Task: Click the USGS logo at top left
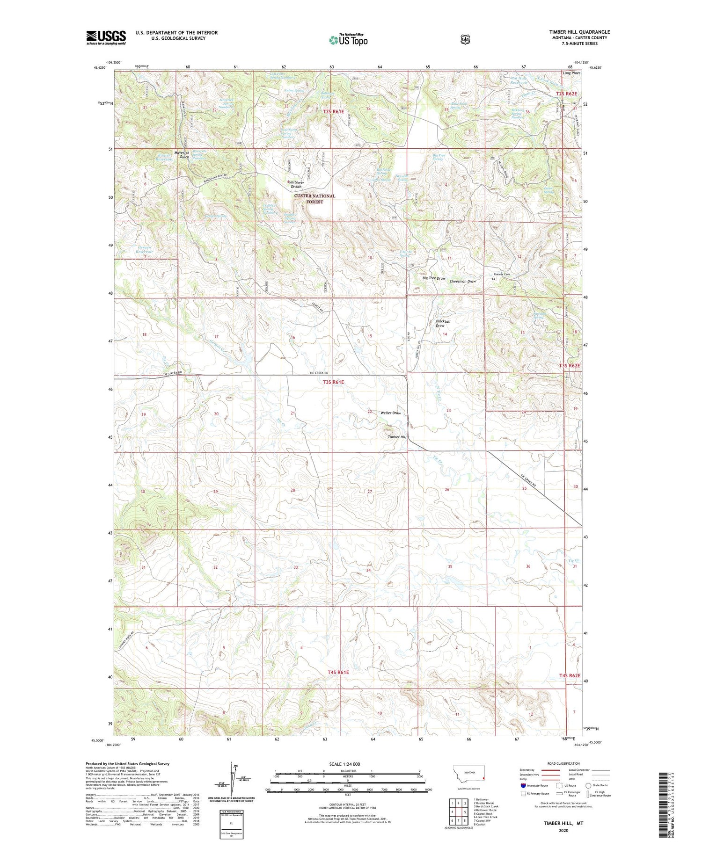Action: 106,37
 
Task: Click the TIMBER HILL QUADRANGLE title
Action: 579,32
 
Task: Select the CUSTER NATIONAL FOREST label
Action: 314,199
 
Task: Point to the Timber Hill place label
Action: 397,437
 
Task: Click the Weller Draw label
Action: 390,413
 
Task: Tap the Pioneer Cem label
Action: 501,274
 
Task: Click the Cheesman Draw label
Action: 462,282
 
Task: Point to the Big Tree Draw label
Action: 433,278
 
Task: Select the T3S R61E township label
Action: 333,382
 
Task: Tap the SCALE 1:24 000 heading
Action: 348,764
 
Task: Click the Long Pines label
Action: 571,73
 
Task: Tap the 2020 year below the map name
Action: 563,831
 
